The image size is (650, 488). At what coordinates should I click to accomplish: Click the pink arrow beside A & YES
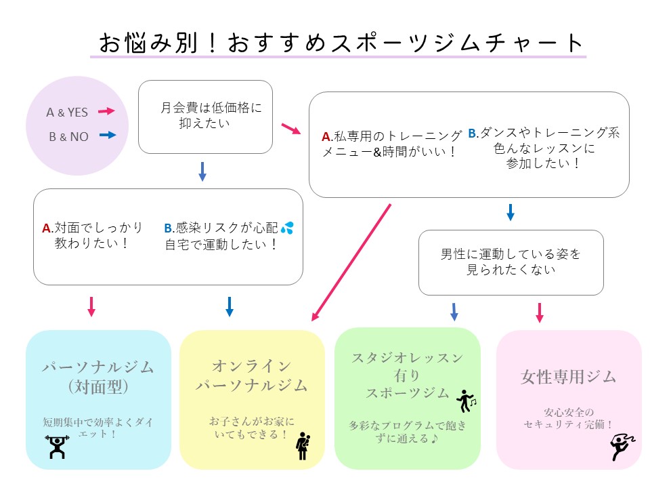coord(106,111)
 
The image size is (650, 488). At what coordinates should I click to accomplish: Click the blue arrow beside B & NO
coord(107,136)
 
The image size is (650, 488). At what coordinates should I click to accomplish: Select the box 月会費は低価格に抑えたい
coord(205,117)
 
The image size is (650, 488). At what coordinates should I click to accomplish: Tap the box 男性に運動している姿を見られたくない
coord(511,262)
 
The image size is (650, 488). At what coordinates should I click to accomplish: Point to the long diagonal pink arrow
coord(352,261)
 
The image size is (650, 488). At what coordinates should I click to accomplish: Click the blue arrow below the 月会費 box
coord(202,171)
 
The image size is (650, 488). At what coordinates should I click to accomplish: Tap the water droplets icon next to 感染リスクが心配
coord(287,228)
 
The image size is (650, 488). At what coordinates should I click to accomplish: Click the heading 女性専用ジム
coord(568,377)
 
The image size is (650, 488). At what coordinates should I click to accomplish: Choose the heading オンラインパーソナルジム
coord(251,376)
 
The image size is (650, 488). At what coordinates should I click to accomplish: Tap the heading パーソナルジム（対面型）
coord(98,377)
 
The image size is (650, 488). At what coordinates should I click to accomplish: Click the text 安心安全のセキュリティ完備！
coord(568,418)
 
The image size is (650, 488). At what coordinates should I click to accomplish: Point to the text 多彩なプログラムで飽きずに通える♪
coord(408,432)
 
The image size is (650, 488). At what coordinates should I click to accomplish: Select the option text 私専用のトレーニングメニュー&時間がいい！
coord(391,144)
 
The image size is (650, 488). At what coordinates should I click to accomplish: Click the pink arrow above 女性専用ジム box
coord(540,312)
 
